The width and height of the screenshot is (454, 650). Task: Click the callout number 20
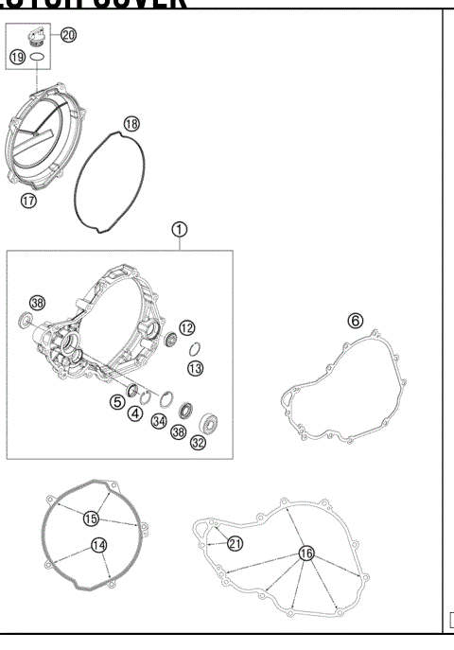tap(68, 35)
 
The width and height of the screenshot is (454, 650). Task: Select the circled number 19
tap(17, 58)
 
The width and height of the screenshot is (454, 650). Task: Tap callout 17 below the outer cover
tap(29, 201)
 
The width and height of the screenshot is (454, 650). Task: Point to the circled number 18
tap(131, 124)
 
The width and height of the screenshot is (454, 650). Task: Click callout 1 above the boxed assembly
tap(179, 229)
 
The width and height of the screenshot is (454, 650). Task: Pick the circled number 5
tap(117, 401)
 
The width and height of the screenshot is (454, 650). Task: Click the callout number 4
tap(136, 413)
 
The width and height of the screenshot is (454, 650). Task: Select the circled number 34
tap(160, 420)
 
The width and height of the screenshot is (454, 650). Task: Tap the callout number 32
tap(198, 442)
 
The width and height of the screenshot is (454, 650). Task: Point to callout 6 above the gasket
tap(355, 321)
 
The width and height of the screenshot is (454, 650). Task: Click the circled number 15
tap(91, 518)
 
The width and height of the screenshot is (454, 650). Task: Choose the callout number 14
tap(98, 544)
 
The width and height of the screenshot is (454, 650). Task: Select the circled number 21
tap(235, 542)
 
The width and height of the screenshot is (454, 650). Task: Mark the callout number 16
tap(306, 553)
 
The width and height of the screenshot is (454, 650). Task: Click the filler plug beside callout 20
tap(39, 39)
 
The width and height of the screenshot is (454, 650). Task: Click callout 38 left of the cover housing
tap(37, 303)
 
